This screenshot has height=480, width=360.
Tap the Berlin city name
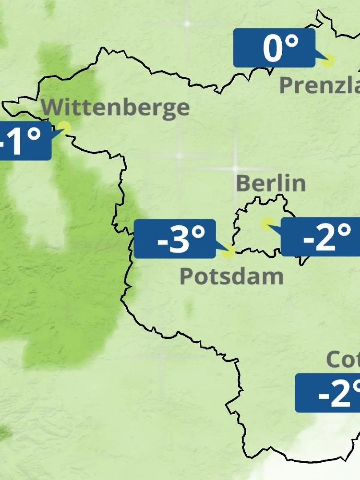tap(271, 183)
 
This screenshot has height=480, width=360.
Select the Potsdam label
tap(231, 277)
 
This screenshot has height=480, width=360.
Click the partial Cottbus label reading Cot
tap(343, 359)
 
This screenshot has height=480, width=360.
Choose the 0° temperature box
tap(274, 48)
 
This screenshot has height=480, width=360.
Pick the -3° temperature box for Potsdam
tap(175, 239)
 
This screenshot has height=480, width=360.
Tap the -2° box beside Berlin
tap(320, 237)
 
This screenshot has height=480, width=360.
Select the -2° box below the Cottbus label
tap(328, 393)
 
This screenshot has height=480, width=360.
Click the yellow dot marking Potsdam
tap(229, 251)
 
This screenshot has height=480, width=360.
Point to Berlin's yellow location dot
tap(267, 224)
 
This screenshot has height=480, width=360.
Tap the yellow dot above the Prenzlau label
tap(328, 61)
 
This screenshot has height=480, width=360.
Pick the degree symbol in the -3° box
tap(199, 232)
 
